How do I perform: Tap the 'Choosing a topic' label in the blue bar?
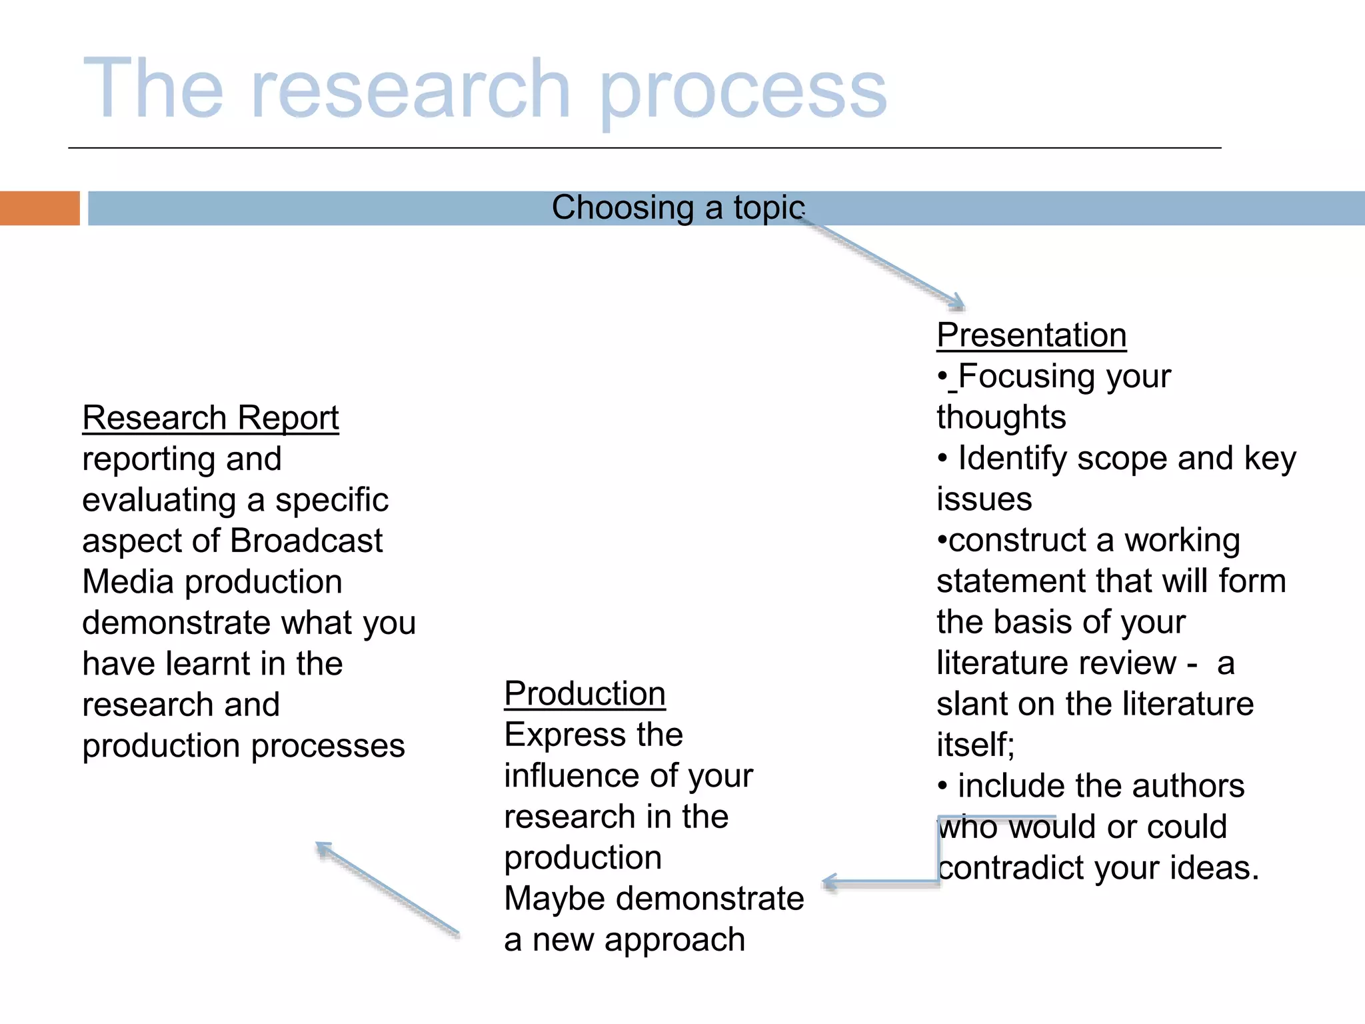pos(678,207)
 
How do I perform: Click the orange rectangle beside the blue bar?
pos(39,208)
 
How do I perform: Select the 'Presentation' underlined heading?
pos(1031,335)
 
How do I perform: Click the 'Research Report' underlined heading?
pos(211,418)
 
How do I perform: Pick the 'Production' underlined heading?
pos(585,693)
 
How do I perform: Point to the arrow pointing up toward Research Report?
pos(387,887)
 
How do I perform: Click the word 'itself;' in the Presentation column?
pos(975,745)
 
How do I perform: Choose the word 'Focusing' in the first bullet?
pos(1027,377)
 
